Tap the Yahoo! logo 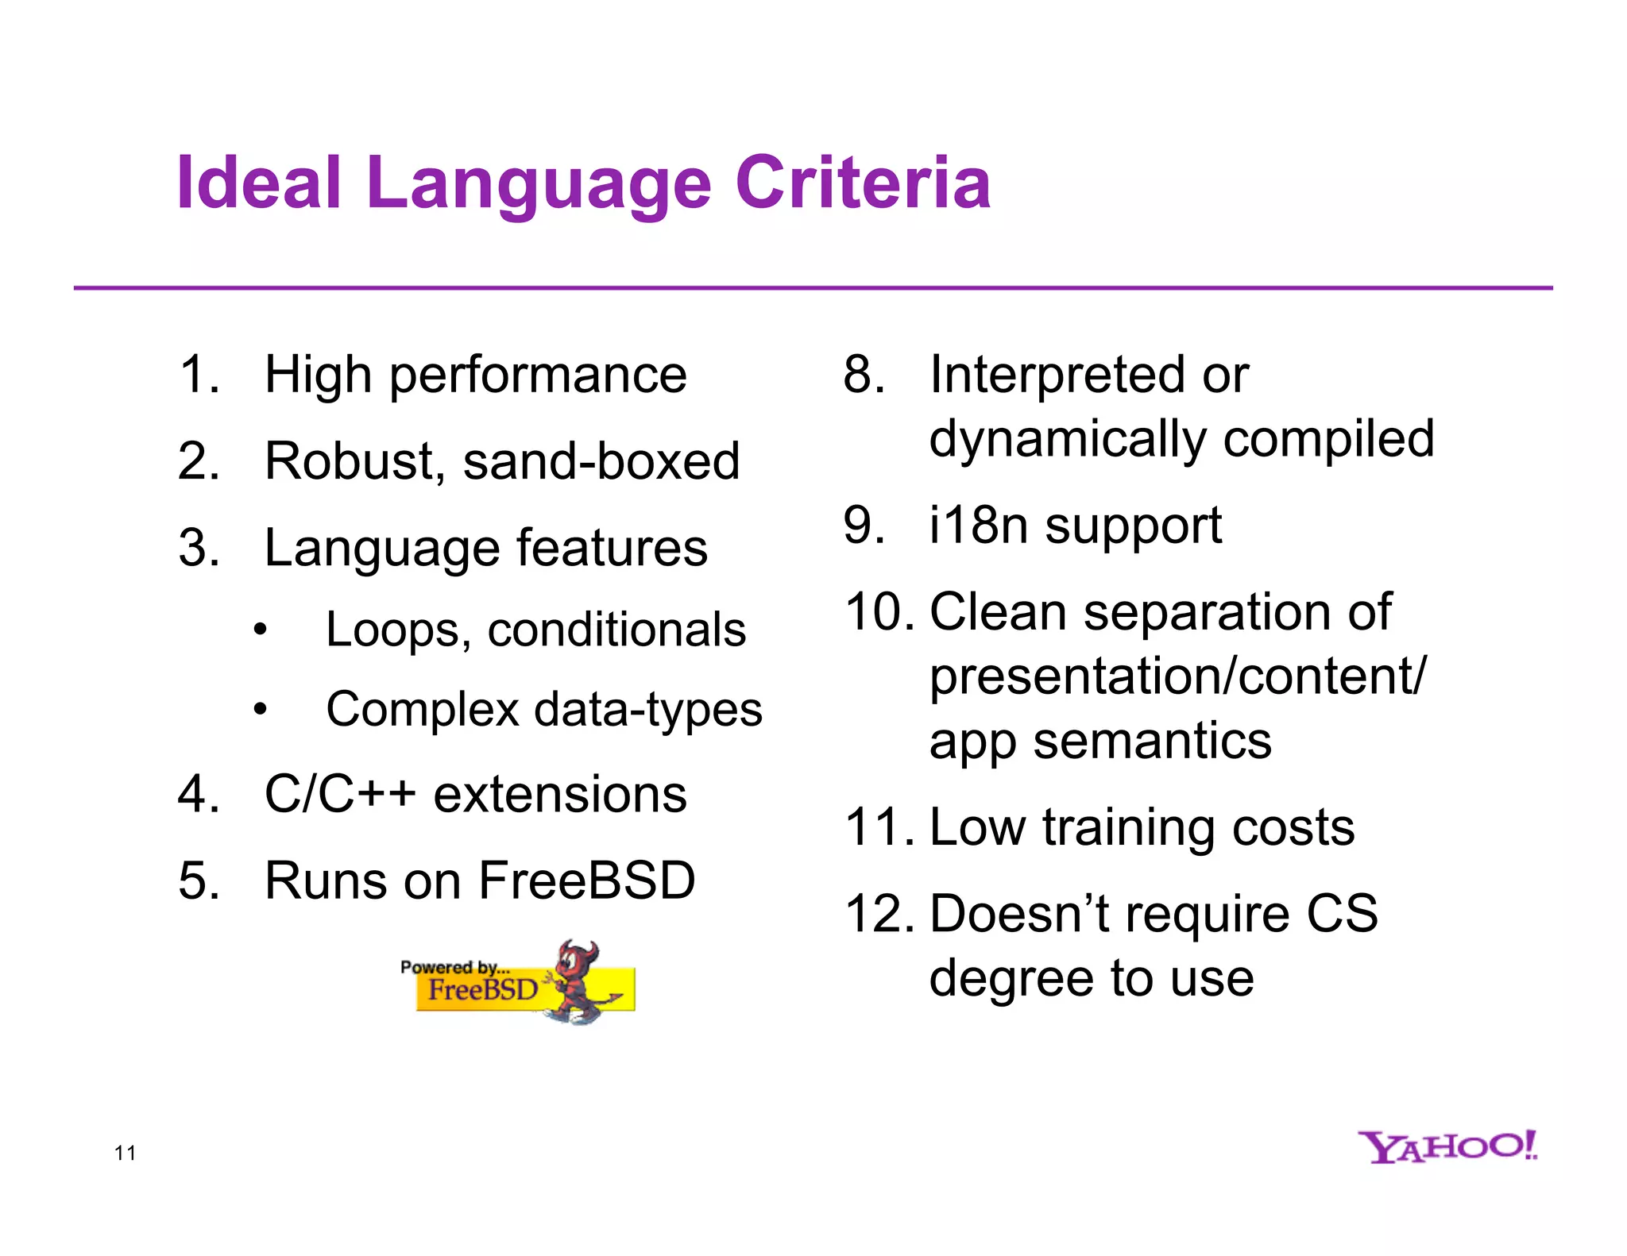[1447, 1146]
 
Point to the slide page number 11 [126, 1154]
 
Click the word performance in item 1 [538, 376]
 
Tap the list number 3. [198, 548]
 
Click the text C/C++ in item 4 [340, 794]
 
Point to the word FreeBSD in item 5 [587, 880]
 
